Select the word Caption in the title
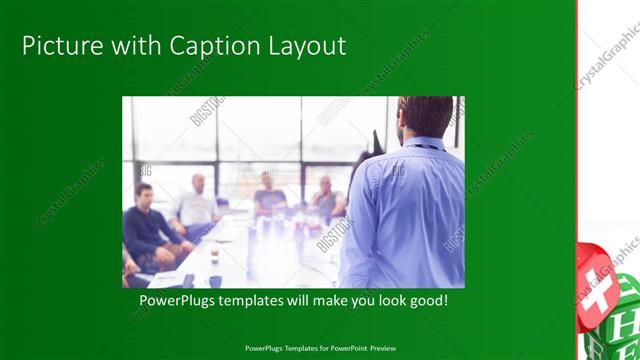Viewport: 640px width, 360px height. [x=197, y=46]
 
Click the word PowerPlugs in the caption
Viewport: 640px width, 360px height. [x=174, y=300]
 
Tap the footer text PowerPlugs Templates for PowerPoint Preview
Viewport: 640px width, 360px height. [x=319, y=349]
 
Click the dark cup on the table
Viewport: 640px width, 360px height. [x=214, y=256]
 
